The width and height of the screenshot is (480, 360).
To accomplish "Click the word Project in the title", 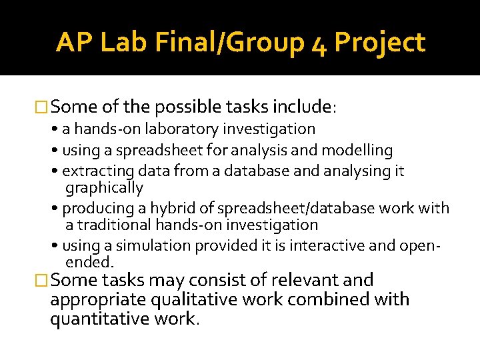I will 379,43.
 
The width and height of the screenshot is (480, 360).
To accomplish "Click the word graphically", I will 104,188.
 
